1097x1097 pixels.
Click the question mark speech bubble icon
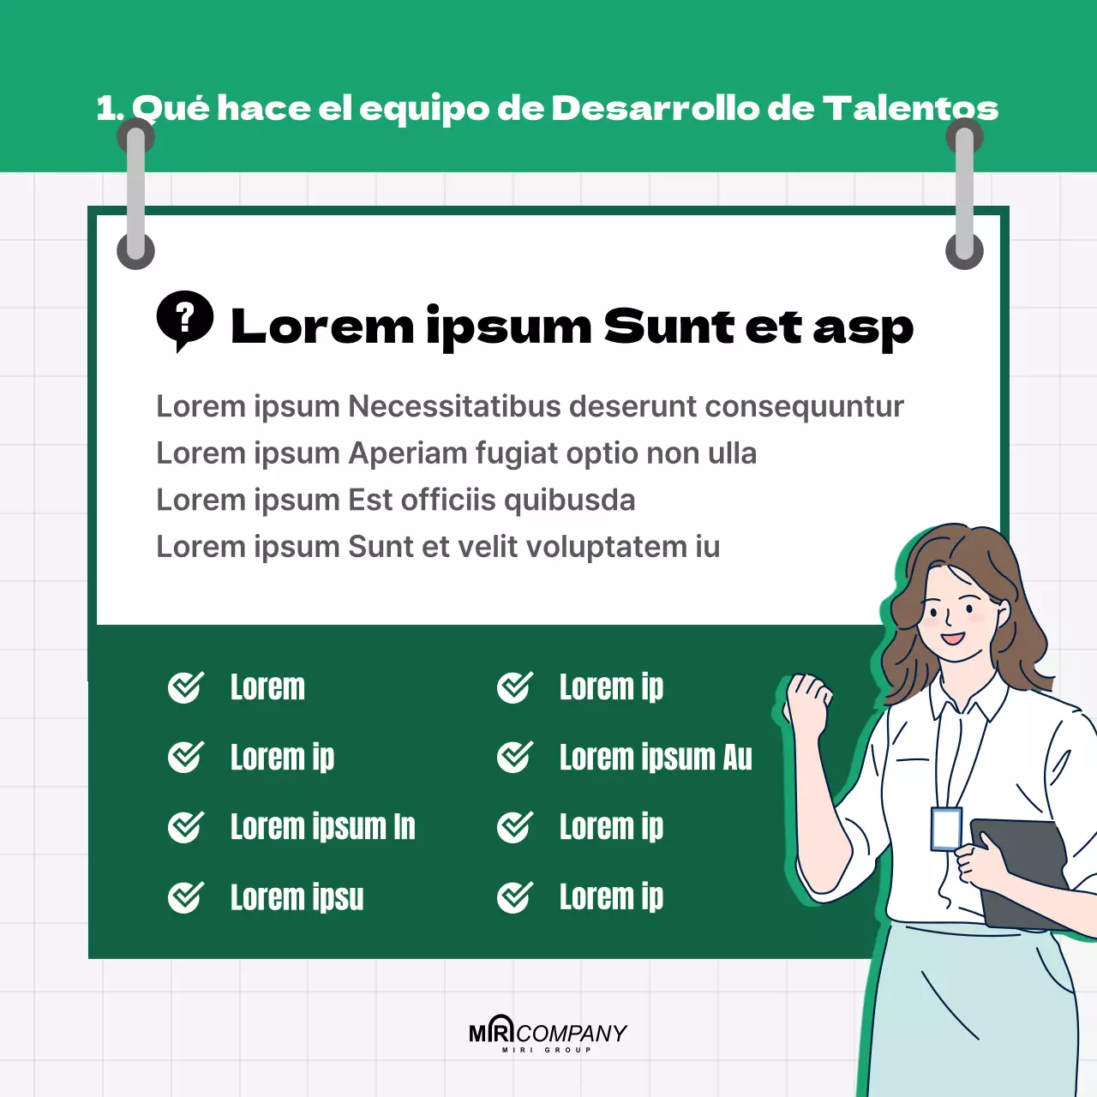coord(184,321)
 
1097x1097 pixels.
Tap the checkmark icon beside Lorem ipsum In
coord(185,827)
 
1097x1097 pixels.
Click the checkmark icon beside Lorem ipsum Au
coord(514,757)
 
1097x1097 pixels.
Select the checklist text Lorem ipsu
coord(297,897)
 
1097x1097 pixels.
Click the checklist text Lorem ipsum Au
coord(656,758)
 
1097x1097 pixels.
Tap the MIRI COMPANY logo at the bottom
coord(548,1034)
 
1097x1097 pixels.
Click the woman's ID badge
coord(945,829)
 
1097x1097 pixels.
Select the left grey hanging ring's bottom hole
coord(135,251)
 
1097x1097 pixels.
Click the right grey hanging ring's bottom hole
coord(964,251)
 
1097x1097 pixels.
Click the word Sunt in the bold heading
coord(668,327)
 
